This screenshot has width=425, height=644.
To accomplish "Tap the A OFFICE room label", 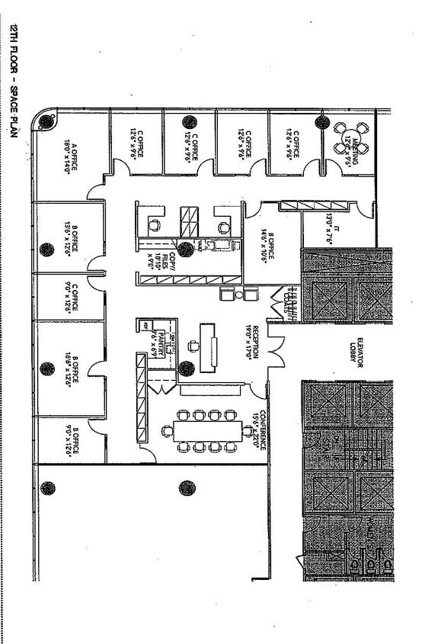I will tap(70, 156).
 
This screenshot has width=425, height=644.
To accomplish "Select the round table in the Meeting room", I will tap(352, 140).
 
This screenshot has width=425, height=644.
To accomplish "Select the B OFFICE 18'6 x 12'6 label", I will tap(70, 370).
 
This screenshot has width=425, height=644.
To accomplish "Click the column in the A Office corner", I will tap(47, 120).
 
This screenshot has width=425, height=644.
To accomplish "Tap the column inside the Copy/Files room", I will tap(185, 248).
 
